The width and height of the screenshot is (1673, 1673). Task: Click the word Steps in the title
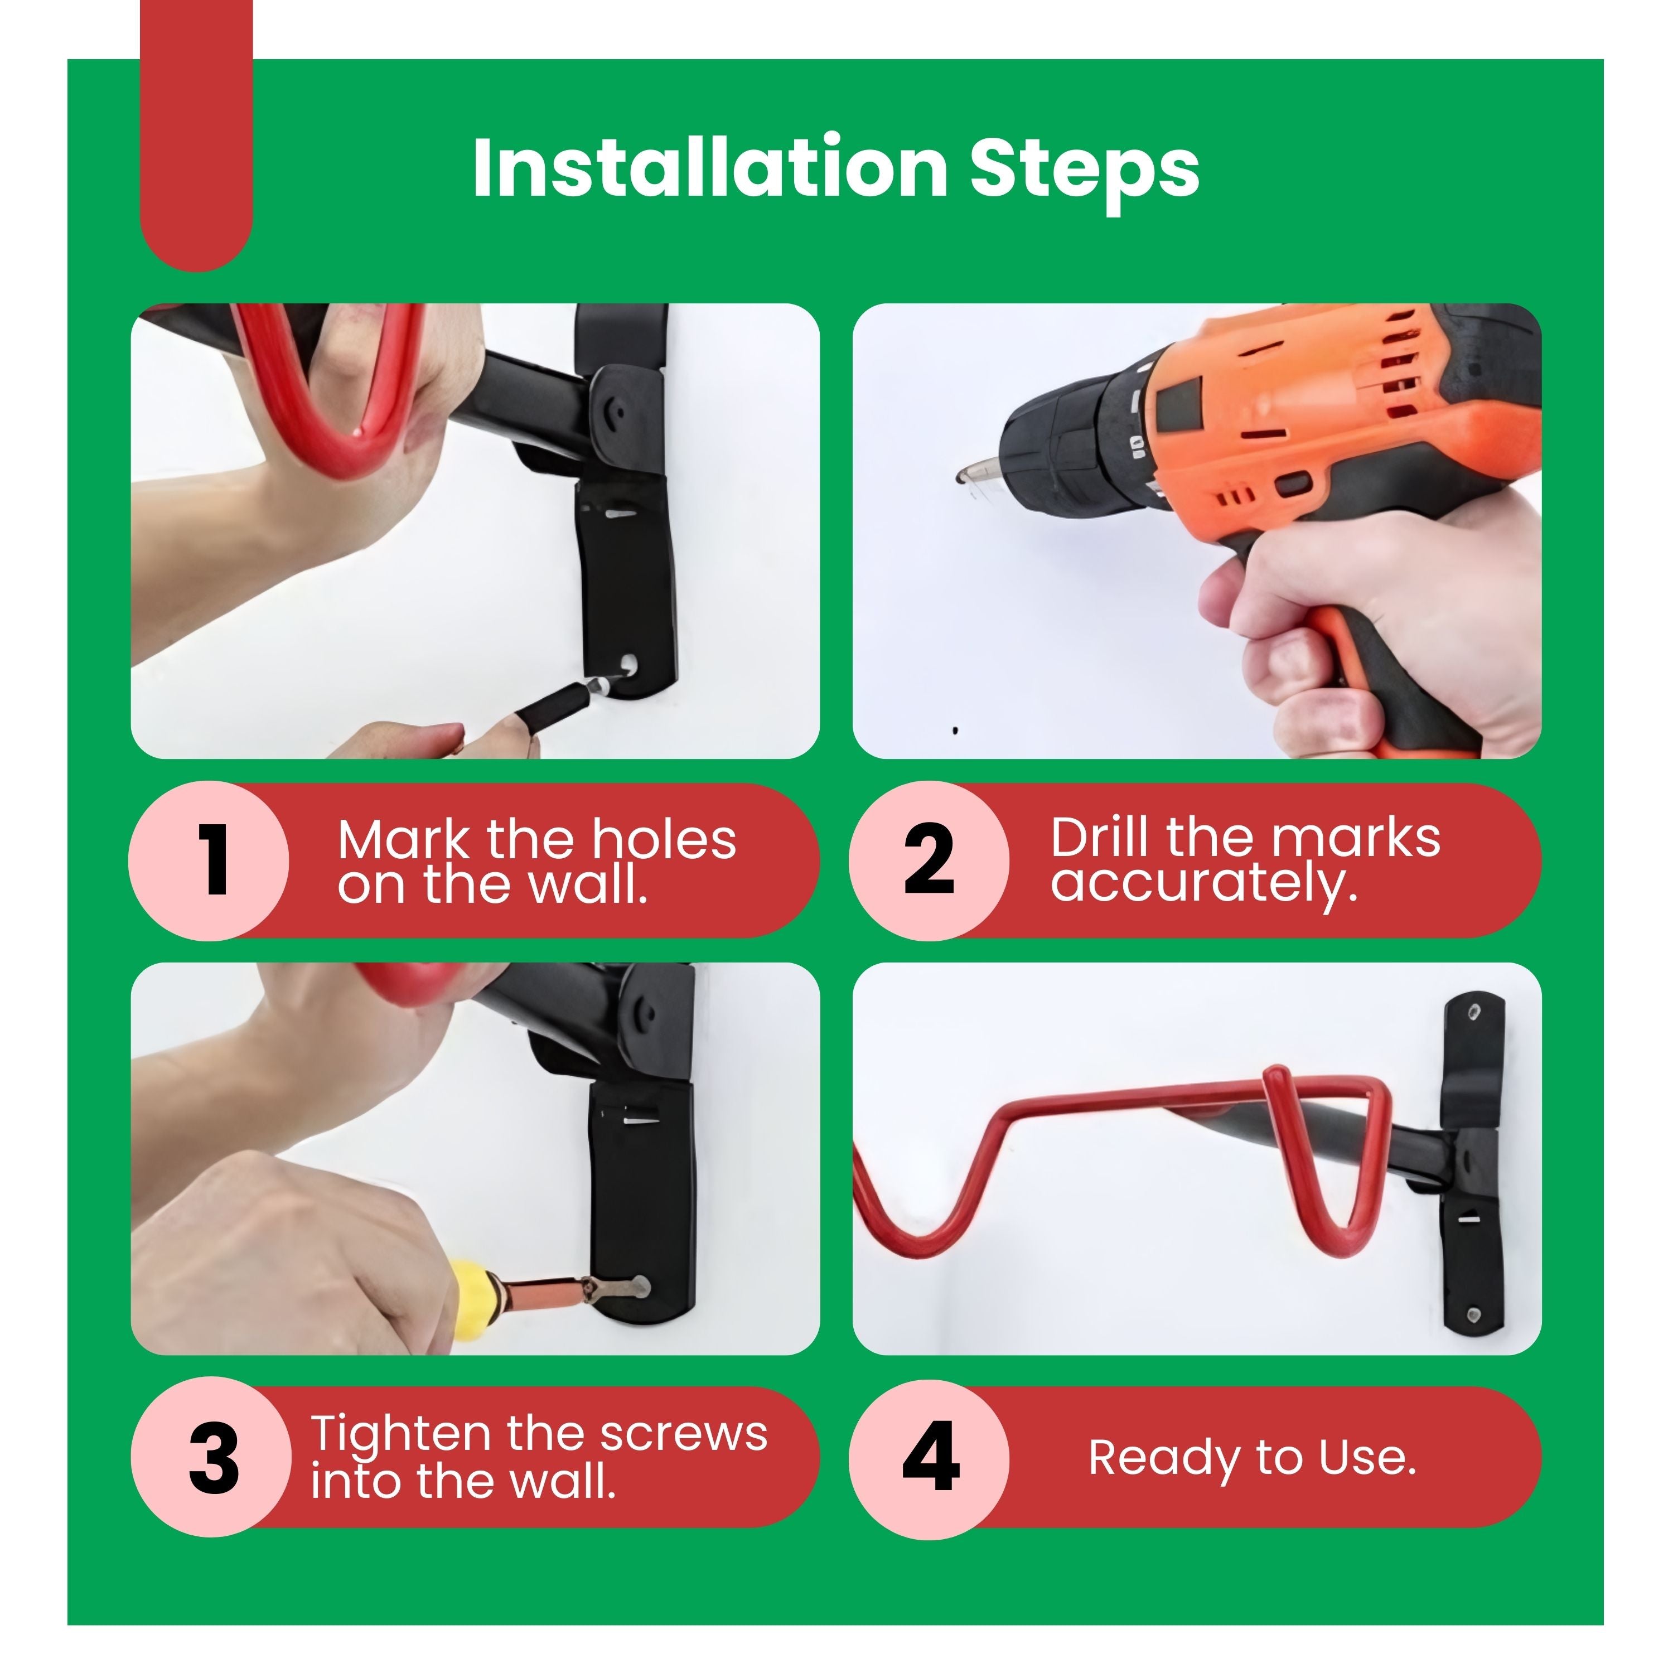pos(1085,173)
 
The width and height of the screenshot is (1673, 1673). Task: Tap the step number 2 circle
pos(929,860)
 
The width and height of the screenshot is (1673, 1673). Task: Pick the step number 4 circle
pos(929,1458)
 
